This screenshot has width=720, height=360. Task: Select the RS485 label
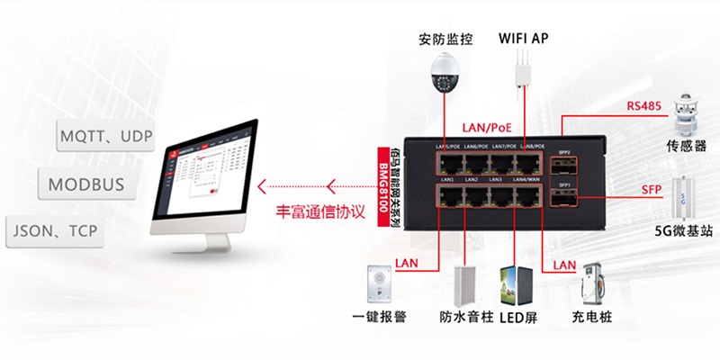tap(644, 106)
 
